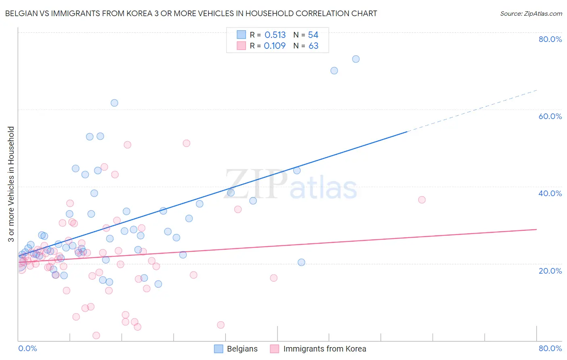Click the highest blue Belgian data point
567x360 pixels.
click(356, 59)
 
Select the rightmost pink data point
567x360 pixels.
click(422, 200)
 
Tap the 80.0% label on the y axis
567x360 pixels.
click(550, 39)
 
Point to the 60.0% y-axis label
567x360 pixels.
click(550, 116)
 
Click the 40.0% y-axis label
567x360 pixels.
click(550, 193)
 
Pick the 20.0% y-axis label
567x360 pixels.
click(550, 270)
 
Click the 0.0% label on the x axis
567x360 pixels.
click(27, 348)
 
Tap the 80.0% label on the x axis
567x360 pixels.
click(550, 348)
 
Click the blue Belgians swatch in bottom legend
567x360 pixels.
click(219, 349)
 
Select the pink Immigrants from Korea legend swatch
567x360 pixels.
click(275, 349)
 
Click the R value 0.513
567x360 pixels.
click(275, 35)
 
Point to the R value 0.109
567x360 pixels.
click(275, 46)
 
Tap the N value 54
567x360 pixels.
click(313, 35)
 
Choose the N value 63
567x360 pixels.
click(313, 46)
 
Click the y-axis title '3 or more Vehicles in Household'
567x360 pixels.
click(11, 184)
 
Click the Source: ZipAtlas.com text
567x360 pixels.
click(531, 14)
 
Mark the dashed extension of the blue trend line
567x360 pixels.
click(472, 111)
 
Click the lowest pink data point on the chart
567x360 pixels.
click(96, 335)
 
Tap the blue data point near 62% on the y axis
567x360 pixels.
click(115, 103)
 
